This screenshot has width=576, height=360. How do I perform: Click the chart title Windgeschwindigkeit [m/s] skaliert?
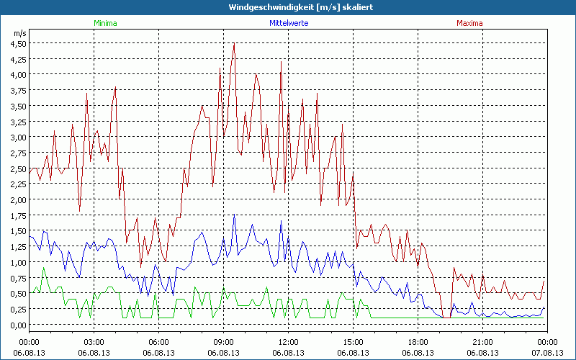[x=288, y=7]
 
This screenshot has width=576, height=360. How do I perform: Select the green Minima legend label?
[x=105, y=23]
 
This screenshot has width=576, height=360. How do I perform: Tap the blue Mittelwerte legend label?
[x=288, y=23]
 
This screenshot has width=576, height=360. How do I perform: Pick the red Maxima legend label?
[x=469, y=23]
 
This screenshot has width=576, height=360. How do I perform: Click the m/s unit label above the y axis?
[x=19, y=33]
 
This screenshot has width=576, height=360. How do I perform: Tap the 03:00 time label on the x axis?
[x=94, y=342]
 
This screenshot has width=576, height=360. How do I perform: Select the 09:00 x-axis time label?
[x=223, y=342]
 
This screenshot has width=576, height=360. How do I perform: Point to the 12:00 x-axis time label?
[x=288, y=342]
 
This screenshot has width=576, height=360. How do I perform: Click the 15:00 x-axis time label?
[x=353, y=342]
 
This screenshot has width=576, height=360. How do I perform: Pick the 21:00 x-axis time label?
[x=482, y=342]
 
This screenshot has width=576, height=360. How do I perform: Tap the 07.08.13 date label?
[x=547, y=352]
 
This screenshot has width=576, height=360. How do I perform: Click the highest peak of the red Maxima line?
[x=234, y=44]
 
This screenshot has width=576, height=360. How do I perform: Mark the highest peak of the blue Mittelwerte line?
[x=234, y=215]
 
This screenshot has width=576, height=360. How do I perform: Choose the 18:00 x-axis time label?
[x=418, y=342]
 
